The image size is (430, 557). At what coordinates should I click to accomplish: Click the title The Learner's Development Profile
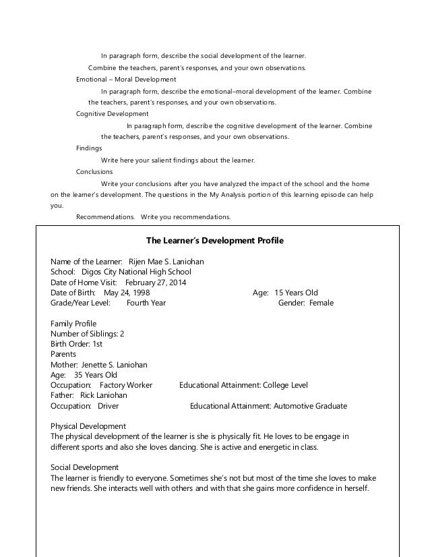pyautogui.click(x=215, y=240)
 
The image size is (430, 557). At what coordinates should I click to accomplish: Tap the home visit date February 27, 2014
pyautogui.click(x=154, y=282)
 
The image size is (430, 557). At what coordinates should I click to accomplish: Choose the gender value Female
pyautogui.click(x=321, y=303)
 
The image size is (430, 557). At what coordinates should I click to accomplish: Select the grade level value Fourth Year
pyautogui.click(x=146, y=303)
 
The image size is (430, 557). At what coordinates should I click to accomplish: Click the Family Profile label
pyautogui.click(x=73, y=324)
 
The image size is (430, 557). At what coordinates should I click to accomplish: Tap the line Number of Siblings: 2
pyautogui.click(x=88, y=334)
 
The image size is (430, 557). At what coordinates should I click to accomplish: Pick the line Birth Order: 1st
pyautogui.click(x=77, y=344)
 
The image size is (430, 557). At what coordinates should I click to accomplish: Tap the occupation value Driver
pyautogui.click(x=108, y=406)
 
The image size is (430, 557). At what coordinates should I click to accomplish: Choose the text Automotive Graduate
pyautogui.click(x=309, y=406)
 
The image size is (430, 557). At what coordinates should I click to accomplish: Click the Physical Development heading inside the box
pyautogui.click(x=88, y=426)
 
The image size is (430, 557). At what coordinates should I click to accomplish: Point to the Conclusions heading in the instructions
pyautogui.click(x=94, y=171)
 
